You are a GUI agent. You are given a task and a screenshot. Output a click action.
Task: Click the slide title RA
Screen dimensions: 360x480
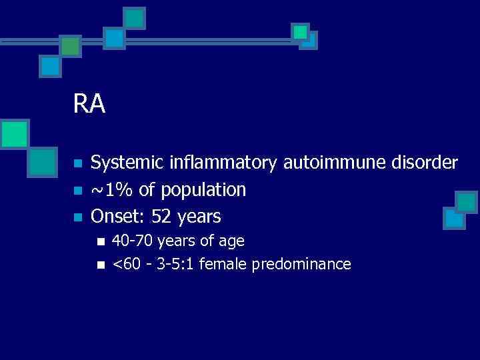tap(90, 104)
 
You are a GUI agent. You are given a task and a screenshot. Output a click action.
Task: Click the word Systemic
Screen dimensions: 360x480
tap(129, 163)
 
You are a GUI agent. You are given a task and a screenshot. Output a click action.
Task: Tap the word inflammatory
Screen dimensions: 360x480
tap(225, 163)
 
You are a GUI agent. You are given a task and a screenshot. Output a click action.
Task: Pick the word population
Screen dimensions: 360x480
tap(205, 191)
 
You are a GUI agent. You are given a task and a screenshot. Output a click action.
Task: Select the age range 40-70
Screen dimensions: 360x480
tap(131, 241)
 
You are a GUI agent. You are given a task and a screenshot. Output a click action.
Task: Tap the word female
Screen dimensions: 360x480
tap(219, 265)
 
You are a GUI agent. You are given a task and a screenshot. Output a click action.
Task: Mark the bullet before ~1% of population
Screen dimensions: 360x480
tap(77, 191)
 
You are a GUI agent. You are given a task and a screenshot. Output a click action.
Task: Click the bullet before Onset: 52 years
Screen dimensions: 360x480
tap(77, 217)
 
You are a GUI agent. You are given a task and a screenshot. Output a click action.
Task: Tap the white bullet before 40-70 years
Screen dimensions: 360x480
tap(101, 241)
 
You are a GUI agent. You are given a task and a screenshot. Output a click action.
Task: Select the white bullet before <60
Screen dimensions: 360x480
tap(101, 265)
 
